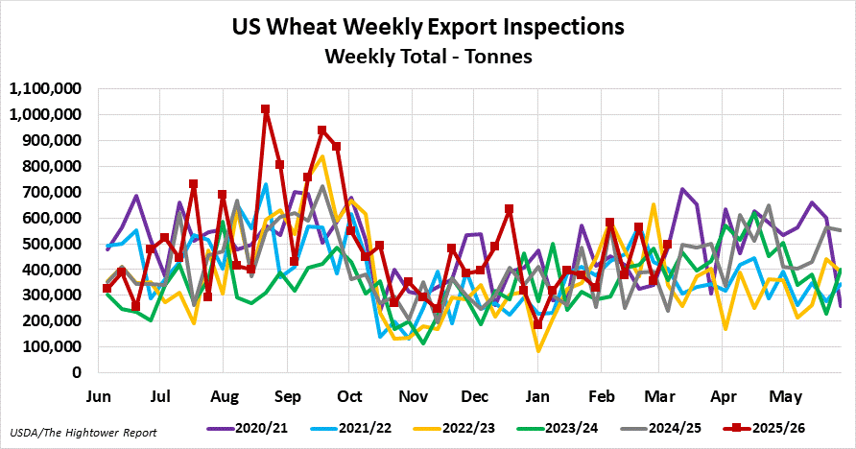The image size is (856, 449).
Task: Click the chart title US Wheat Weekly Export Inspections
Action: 428,26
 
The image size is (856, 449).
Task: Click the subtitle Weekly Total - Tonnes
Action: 428,57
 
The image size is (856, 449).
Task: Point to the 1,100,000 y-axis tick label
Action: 48,89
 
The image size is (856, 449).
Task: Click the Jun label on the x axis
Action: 100,395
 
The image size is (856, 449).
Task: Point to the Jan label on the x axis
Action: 537,395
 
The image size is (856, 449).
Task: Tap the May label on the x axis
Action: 786,395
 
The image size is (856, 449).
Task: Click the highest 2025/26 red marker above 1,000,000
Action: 266,109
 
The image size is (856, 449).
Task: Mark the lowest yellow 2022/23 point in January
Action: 538,350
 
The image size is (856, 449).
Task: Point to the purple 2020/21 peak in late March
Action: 682,190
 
